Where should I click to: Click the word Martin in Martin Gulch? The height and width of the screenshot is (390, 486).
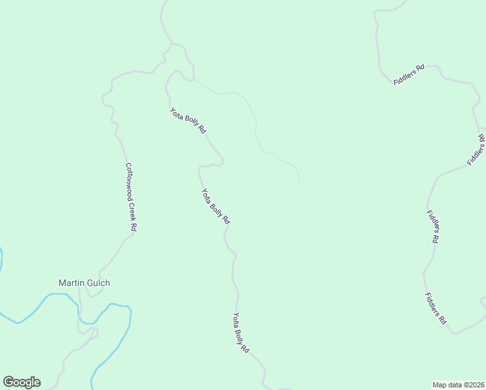pos(71,283)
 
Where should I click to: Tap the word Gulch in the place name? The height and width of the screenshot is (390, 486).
pos(98,283)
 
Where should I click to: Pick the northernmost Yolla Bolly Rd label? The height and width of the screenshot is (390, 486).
pos(188,120)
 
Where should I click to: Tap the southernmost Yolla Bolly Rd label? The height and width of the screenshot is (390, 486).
pos(241,333)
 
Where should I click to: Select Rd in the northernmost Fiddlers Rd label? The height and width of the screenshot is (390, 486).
pos(420,67)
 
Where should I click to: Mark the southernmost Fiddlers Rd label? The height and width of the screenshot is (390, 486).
pos(436,309)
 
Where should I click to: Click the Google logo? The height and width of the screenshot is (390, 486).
pos(21,382)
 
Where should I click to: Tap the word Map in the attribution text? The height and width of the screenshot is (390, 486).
pos(440,384)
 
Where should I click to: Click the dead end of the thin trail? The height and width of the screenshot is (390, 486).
pos(299,183)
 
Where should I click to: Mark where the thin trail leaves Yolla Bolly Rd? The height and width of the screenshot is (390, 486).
pos(194,80)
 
